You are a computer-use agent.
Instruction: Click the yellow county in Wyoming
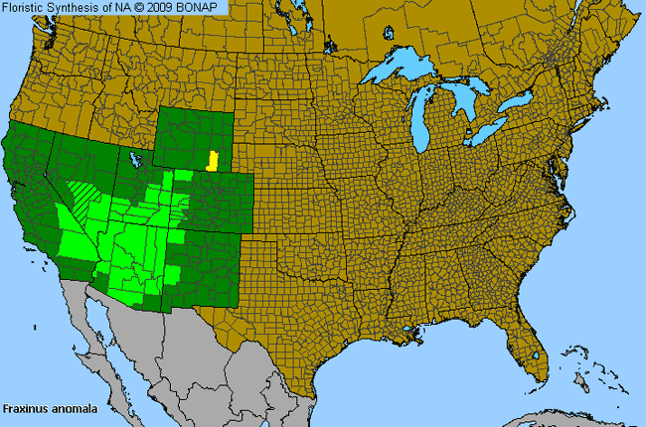[x=211, y=160]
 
